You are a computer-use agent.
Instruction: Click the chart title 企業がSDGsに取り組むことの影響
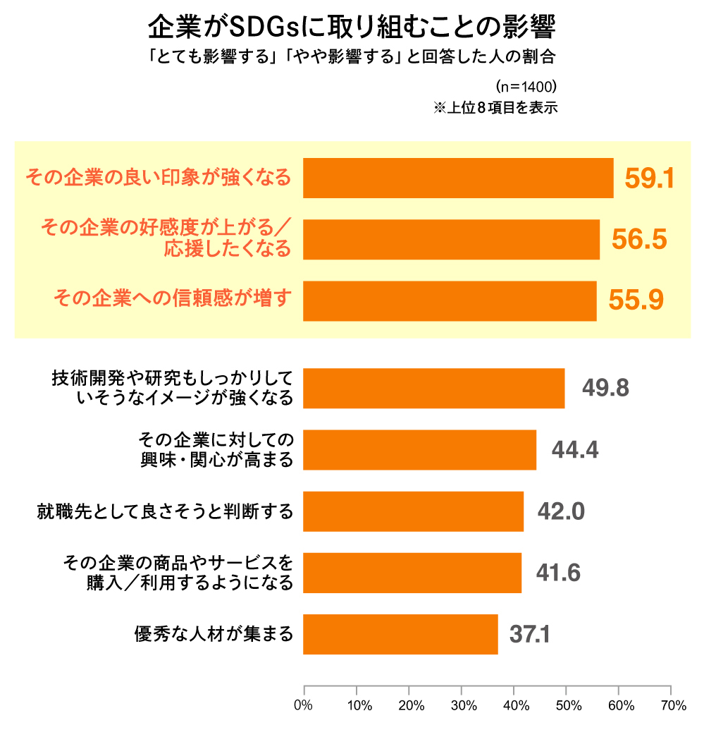(x=352, y=28)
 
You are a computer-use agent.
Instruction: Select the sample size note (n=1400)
(x=526, y=87)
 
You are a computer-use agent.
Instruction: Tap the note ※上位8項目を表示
(x=495, y=108)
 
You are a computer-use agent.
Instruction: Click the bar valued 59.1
(x=458, y=178)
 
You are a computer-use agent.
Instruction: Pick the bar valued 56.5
(x=451, y=240)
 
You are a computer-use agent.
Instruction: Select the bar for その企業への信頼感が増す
(x=450, y=301)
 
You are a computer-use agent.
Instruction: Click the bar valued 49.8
(x=433, y=388)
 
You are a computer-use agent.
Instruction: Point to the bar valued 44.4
(x=419, y=449)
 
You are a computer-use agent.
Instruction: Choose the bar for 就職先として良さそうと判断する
(x=413, y=511)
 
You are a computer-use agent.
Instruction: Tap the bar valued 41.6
(x=412, y=573)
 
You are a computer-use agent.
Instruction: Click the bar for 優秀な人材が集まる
(x=400, y=634)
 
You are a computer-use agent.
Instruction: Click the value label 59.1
(x=649, y=178)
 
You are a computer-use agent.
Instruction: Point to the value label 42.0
(x=561, y=511)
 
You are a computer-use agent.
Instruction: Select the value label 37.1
(x=529, y=634)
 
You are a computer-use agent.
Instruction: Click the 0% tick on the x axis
(x=304, y=705)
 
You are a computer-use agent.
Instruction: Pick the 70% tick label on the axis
(x=674, y=705)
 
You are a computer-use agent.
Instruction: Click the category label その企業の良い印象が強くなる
(x=158, y=178)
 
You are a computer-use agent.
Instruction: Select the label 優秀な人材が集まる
(x=214, y=634)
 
